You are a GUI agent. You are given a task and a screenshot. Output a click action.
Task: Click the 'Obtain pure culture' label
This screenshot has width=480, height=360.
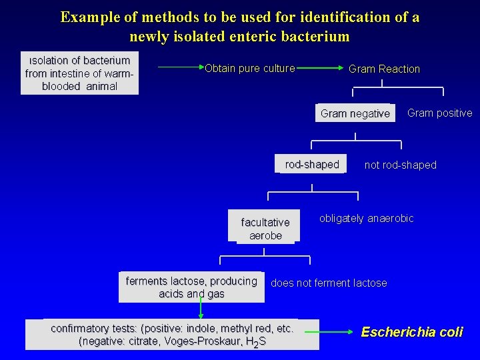250,68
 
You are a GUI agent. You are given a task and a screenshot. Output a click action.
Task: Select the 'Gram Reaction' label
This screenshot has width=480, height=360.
384,69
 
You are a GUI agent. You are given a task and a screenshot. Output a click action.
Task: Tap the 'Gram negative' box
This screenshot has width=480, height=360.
355,113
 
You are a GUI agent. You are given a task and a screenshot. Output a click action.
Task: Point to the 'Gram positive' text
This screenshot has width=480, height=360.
439,113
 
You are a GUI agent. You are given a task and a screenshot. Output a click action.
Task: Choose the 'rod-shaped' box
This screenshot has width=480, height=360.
311,165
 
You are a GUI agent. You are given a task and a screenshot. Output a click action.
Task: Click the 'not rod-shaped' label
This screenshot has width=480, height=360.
400,165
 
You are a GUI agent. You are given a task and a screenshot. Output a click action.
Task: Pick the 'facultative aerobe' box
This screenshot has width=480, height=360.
265,229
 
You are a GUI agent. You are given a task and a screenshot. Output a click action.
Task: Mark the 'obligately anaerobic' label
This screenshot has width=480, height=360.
367,219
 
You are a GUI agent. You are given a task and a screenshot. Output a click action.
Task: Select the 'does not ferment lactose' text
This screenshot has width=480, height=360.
329,283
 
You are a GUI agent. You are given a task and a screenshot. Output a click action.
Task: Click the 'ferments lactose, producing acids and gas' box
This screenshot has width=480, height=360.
191,287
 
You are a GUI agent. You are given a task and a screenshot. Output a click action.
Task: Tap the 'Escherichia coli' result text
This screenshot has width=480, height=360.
411,331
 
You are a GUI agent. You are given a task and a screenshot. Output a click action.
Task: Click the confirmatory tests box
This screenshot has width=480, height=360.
172,335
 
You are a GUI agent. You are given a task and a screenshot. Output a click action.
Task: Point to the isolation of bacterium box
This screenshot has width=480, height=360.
79,73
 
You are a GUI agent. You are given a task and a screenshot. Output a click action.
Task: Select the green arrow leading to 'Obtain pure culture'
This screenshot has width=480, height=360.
181,67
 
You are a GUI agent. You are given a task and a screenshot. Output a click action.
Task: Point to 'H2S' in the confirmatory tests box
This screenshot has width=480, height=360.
255,342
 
